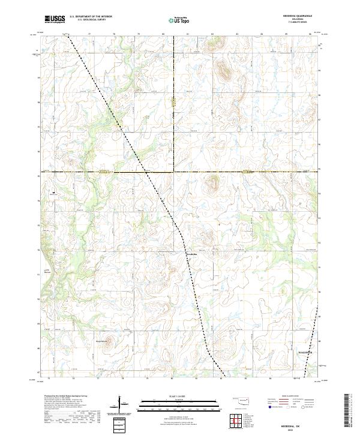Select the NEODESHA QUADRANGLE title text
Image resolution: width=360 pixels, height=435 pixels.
coord(290,16)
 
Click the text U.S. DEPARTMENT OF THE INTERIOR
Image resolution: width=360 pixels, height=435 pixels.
coord(91,17)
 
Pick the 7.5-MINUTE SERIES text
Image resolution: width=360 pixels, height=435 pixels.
coord(290,22)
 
